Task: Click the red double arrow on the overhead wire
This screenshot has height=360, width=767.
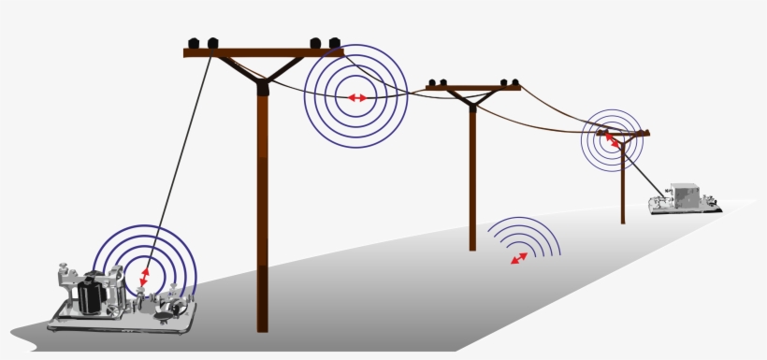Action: pos(356,97)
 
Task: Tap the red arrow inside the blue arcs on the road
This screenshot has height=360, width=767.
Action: pos(519,257)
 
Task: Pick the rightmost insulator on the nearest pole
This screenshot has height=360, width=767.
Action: pos(334,43)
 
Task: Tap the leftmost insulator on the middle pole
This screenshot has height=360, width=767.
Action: pos(434,82)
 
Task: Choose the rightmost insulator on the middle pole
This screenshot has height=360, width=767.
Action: pos(514,82)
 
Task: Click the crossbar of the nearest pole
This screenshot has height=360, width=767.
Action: pos(263,52)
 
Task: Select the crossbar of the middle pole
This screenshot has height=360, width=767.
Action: pos(472,89)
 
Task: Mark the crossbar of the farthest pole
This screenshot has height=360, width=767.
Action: pos(623,135)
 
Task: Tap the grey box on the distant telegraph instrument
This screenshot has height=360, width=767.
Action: pos(689,195)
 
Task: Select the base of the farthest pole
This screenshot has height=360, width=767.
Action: pos(623,220)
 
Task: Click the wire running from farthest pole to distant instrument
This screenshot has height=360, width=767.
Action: pos(645,171)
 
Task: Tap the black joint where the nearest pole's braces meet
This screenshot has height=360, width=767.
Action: pos(263,88)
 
